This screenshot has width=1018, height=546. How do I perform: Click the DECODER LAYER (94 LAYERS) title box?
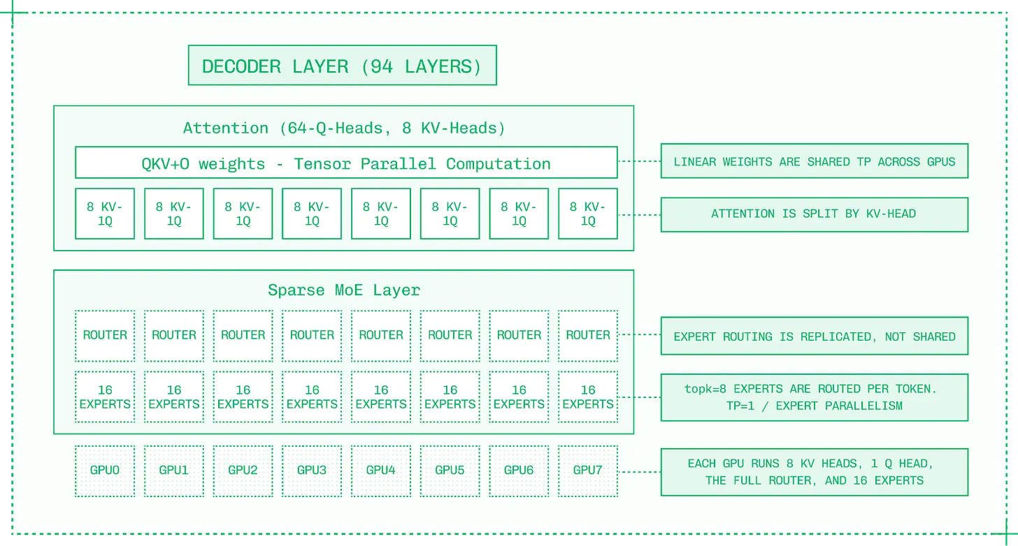click(x=342, y=65)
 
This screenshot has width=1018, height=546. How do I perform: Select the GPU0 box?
click(x=105, y=471)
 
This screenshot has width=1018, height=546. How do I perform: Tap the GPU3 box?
click(x=312, y=471)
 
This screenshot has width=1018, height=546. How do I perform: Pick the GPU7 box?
click(x=587, y=471)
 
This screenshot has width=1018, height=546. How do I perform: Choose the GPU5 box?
click(x=450, y=471)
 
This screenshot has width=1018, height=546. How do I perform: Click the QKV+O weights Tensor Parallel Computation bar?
click(x=346, y=163)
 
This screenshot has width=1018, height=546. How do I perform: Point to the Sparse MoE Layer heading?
click(x=344, y=290)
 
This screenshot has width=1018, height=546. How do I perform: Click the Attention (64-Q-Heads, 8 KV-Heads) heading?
click(x=344, y=128)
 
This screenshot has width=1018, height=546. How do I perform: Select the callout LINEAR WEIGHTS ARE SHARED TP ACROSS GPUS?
click(x=815, y=161)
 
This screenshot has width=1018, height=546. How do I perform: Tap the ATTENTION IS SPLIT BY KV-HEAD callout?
click(x=815, y=214)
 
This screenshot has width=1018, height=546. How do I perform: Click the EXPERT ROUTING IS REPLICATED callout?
click(x=815, y=336)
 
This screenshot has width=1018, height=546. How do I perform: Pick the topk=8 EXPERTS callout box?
click(x=815, y=397)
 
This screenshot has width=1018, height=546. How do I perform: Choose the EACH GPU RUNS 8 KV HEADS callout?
click(x=815, y=472)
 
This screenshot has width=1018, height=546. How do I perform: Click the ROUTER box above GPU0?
click(x=105, y=336)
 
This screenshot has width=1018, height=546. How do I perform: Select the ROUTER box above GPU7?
click(x=587, y=336)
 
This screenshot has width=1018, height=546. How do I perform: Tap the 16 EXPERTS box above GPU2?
click(x=243, y=397)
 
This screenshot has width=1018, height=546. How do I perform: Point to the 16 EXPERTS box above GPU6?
click(x=519, y=397)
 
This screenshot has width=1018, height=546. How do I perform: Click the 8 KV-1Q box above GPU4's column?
click(x=381, y=214)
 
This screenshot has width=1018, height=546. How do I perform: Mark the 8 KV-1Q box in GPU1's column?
click(x=174, y=214)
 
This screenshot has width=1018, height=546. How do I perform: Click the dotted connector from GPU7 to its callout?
click(x=640, y=472)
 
